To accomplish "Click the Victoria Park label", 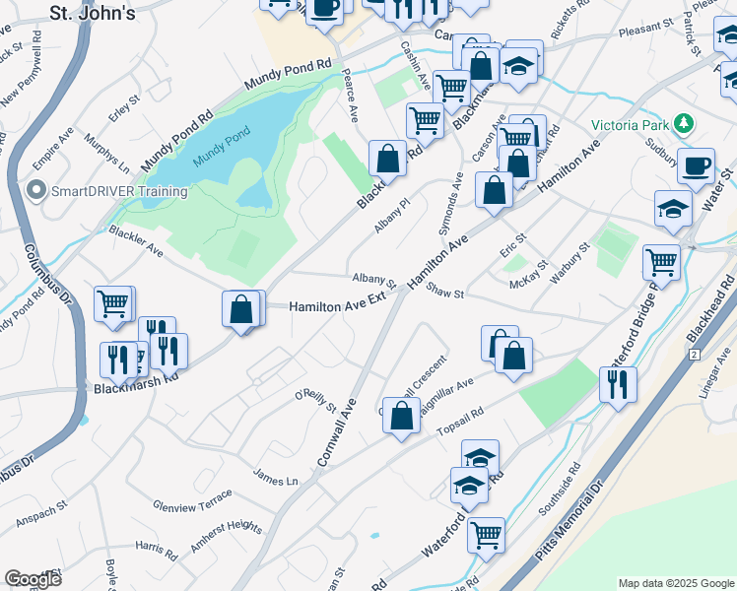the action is (x=630, y=125).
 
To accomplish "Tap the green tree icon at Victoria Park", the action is (x=683, y=124).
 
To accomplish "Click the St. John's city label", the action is (x=92, y=12).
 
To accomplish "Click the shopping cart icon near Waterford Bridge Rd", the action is (x=661, y=262).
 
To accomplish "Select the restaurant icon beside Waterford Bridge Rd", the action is (x=618, y=383).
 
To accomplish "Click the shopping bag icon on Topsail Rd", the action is (x=401, y=415).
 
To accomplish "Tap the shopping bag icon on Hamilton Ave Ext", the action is (x=241, y=309).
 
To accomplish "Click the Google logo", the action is (x=33, y=579).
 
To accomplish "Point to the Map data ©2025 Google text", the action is (x=675, y=583).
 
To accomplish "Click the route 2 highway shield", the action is (x=694, y=354).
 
